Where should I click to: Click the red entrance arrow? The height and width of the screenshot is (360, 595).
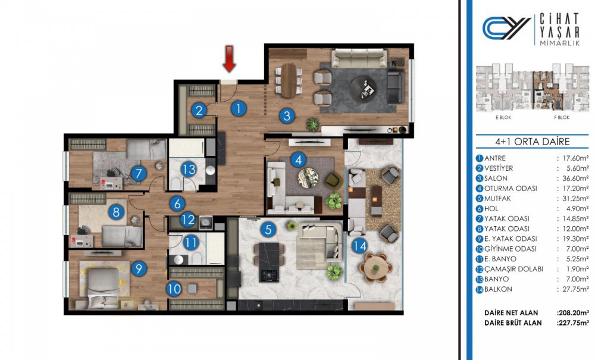229,58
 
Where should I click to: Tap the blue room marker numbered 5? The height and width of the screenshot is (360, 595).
268,230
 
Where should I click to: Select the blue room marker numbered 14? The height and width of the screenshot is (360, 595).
359,246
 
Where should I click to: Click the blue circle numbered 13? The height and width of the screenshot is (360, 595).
189,169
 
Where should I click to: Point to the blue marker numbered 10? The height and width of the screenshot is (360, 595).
174,289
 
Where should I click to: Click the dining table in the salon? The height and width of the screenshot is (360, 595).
289,80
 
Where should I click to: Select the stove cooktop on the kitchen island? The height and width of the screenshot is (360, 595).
269,275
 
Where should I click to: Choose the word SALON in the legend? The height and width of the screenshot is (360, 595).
496,179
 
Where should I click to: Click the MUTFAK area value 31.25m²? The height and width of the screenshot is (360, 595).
573,198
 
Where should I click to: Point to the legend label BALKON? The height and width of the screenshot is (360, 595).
498,289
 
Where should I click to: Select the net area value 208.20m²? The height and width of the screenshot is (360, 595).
573,313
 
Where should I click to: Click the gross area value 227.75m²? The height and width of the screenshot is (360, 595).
573,323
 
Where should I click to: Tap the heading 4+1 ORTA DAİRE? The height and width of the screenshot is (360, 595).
533,142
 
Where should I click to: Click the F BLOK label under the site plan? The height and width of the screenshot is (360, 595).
562,118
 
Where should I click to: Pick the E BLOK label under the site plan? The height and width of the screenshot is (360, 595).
503,118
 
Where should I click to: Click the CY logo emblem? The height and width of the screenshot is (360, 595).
506,28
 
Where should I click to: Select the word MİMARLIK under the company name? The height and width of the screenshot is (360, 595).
559,43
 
